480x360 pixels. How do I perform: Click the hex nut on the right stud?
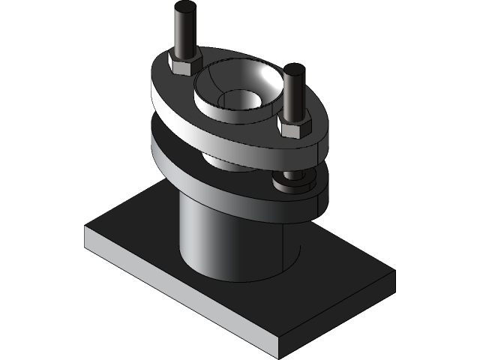coord(294,125)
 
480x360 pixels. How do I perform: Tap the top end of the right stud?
coord(293,70)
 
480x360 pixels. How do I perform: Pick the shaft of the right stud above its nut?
coord(293,94)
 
